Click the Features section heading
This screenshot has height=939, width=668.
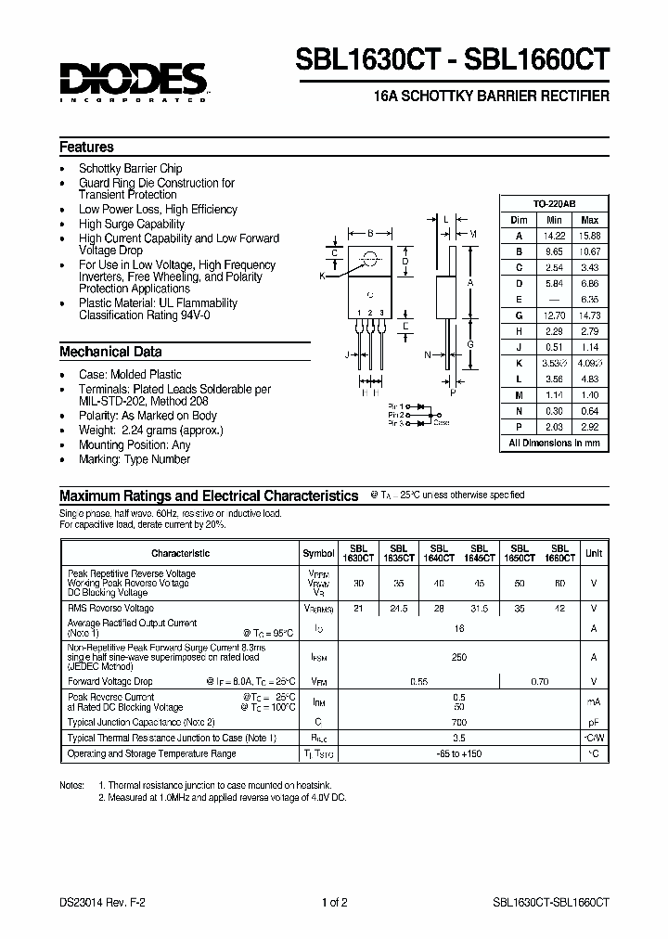click(x=86, y=148)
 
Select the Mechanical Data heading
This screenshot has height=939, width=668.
click(x=110, y=352)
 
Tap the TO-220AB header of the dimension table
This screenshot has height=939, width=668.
click(x=554, y=203)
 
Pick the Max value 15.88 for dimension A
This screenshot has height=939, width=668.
click(x=589, y=236)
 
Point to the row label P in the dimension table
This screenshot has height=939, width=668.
click(x=519, y=429)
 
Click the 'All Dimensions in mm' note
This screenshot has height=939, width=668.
click(x=554, y=444)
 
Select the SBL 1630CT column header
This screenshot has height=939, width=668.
click(x=358, y=553)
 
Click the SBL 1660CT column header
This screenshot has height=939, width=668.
click(x=559, y=553)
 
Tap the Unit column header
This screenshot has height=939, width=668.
click(x=593, y=553)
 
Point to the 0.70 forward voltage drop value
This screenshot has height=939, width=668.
click(x=539, y=680)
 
